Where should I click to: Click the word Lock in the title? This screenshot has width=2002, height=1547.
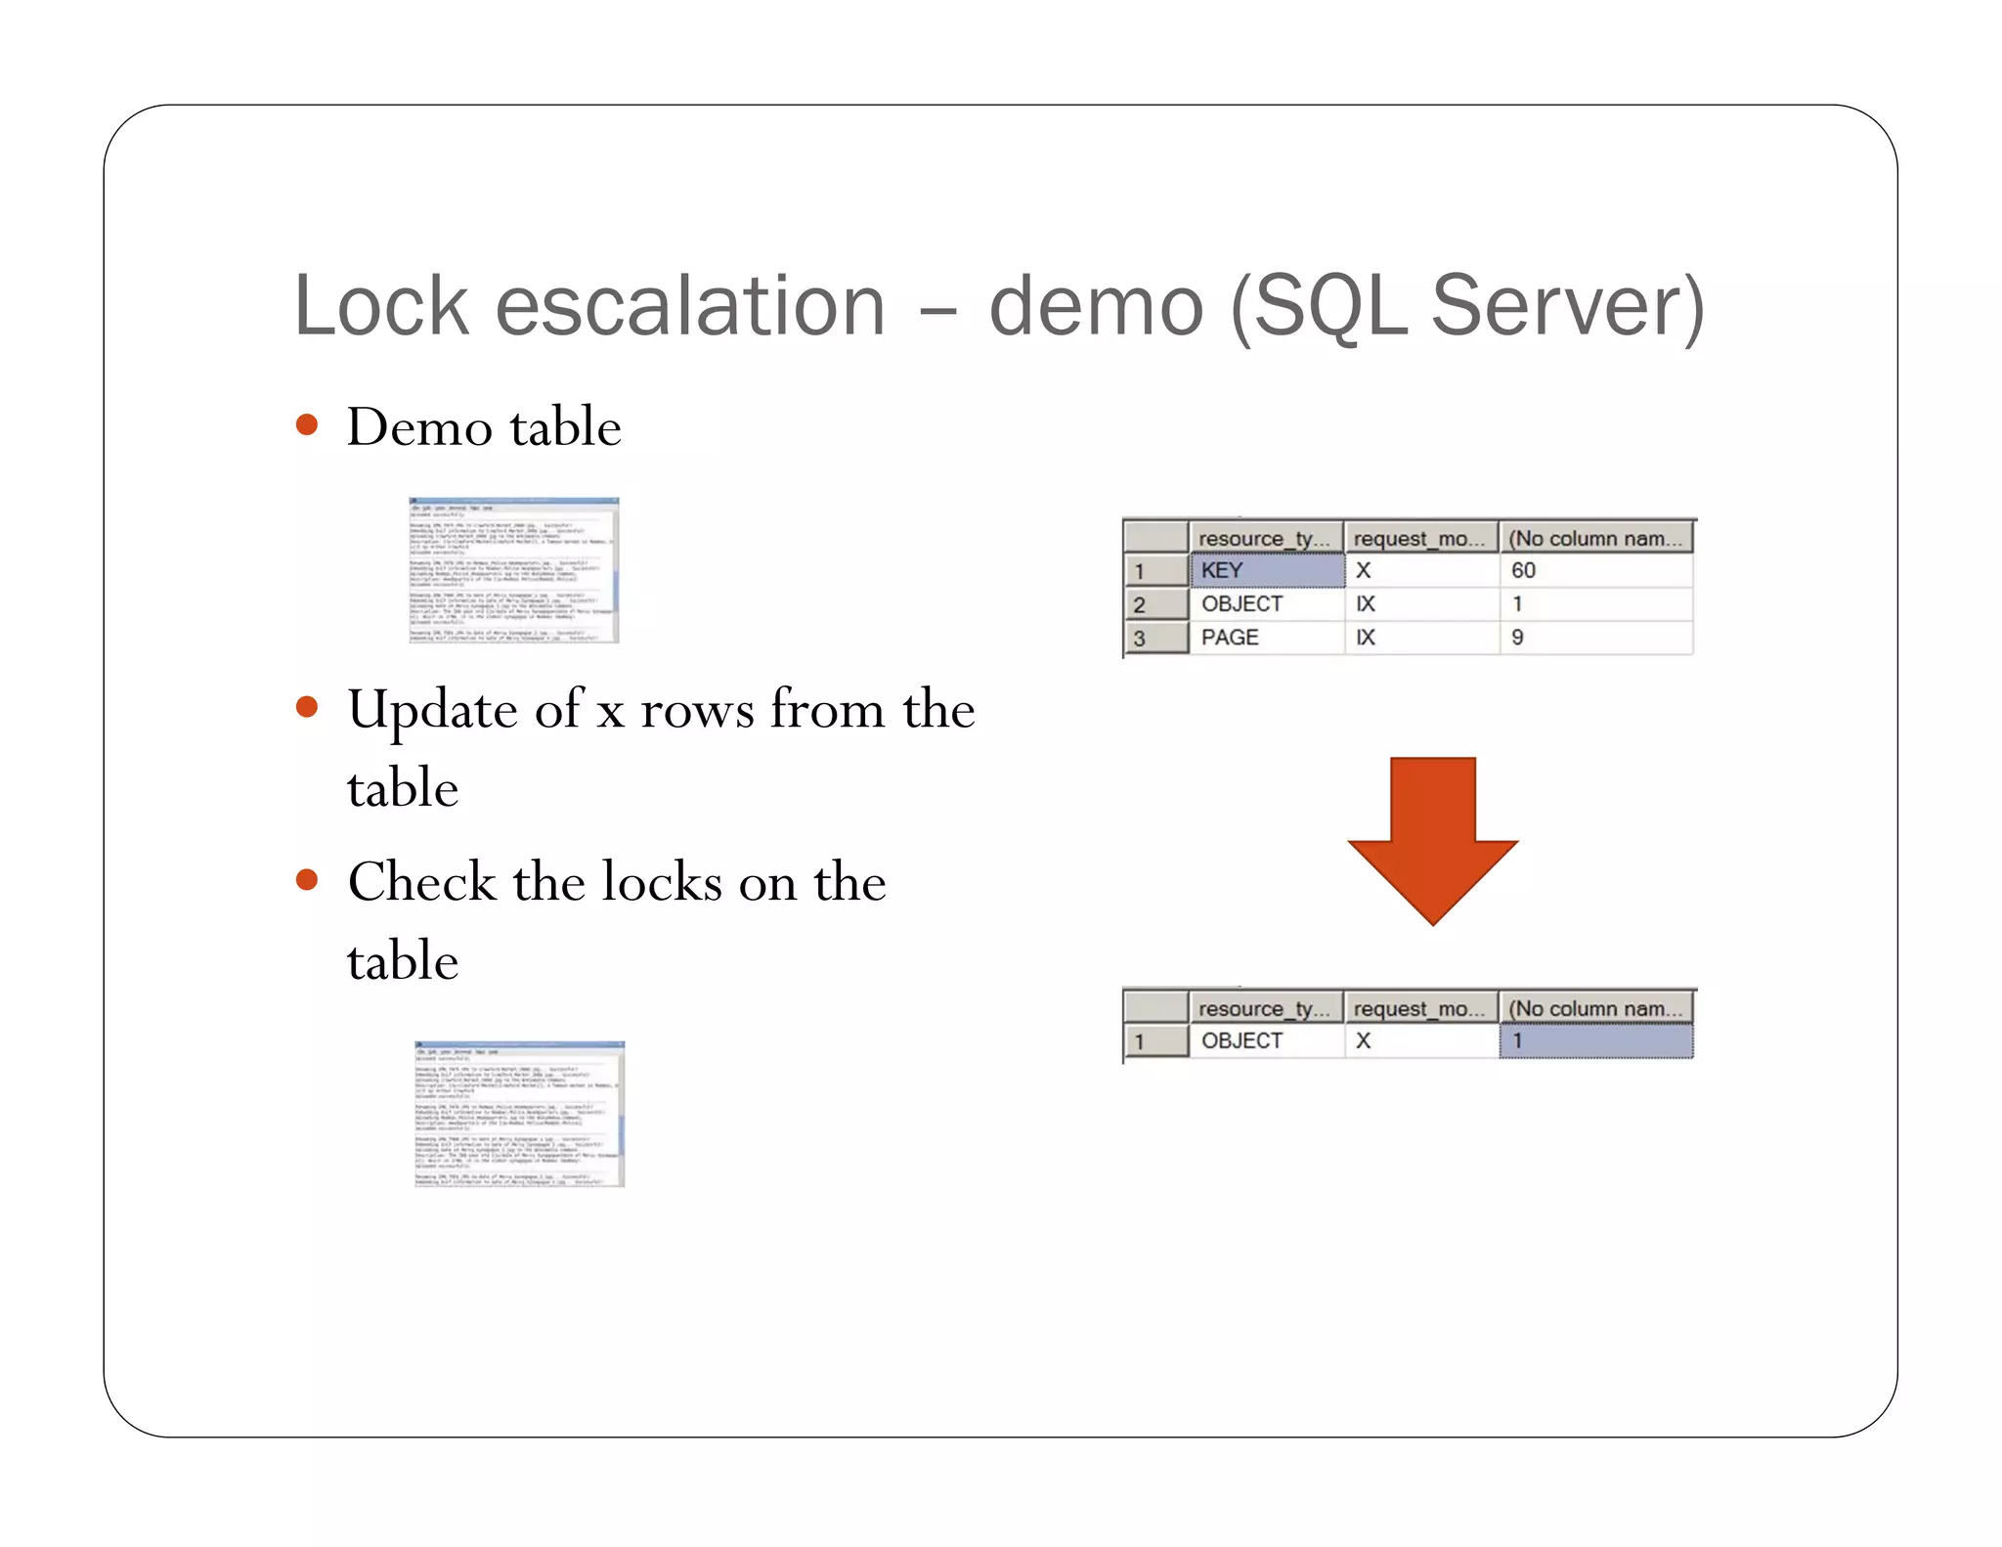381,306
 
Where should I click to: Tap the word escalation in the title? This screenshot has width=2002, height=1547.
689,306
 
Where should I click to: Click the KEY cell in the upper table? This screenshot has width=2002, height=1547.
1265,570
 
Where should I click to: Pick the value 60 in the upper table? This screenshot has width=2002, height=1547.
1523,570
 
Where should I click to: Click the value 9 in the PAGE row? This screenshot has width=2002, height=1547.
1517,638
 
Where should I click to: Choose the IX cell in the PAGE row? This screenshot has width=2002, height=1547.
1366,638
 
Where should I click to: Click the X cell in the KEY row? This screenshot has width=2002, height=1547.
1364,570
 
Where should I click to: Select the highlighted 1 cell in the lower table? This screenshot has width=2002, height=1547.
1595,1040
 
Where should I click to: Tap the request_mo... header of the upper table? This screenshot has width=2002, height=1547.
1418,538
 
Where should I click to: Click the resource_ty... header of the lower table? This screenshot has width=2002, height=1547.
1264,1008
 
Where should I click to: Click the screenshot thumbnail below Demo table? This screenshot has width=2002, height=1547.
514,570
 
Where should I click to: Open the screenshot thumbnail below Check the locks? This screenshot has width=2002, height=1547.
519,1114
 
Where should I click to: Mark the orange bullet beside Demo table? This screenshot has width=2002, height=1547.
307,425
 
